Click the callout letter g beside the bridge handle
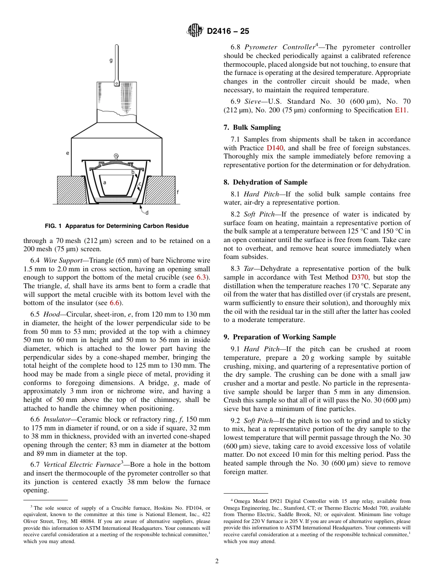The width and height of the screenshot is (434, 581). pyautogui.click(x=111, y=60)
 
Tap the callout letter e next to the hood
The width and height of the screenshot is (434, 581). pyautogui.click(x=68, y=153)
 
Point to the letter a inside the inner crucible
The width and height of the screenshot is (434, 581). pyautogui.click(x=105, y=182)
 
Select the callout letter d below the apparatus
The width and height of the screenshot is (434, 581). pyautogui.click(x=146, y=212)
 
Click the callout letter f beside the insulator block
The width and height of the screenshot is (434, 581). pyautogui.click(x=177, y=192)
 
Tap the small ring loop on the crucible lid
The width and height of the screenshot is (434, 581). pyautogui.click(x=116, y=156)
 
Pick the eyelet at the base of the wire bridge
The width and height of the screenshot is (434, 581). pyautogui.click(x=116, y=83)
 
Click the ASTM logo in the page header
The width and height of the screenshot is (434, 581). pyautogui.click(x=195, y=31)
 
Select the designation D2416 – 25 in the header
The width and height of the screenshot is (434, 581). pyautogui.click(x=228, y=32)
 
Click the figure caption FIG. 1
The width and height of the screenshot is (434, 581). pyautogui.click(x=116, y=226)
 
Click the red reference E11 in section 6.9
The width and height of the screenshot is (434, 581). pyautogui.click(x=401, y=110)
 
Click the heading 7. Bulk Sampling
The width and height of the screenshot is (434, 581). pyautogui.click(x=252, y=127)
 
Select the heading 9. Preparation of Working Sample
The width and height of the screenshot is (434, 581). pyautogui.click(x=280, y=337)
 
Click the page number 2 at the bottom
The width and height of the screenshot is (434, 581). pyautogui.click(x=217, y=561)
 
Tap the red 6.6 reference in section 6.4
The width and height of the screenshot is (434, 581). pyautogui.click(x=115, y=303)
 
